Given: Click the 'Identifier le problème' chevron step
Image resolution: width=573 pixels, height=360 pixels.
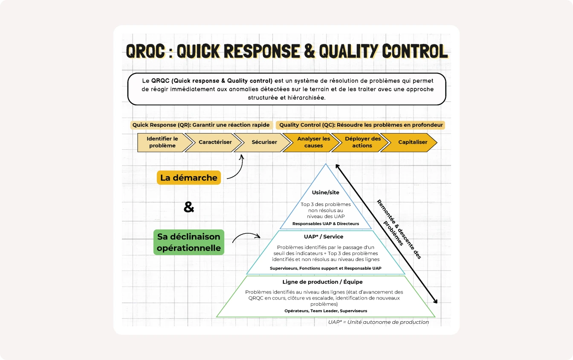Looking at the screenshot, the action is coord(162,142).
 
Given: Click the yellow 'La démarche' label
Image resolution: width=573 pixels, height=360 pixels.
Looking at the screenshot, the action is coord(189,177).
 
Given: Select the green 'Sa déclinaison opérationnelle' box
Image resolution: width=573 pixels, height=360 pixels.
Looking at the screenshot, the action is coord(189,242).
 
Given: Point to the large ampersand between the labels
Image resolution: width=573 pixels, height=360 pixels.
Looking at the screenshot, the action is coord(189,207).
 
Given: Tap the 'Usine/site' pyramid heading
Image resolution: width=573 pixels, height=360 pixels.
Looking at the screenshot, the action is coord(325,192).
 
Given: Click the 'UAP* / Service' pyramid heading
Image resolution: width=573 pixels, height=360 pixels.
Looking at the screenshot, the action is coord(324,237).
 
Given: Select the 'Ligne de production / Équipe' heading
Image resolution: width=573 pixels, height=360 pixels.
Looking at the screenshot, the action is coord(322,282).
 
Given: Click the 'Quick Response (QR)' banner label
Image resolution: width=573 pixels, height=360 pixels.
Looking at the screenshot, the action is coord(201,125).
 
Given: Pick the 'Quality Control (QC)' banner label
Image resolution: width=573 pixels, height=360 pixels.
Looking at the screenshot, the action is coord(361,125).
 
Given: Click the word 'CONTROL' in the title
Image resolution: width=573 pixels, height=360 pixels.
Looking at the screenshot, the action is coord(415,51).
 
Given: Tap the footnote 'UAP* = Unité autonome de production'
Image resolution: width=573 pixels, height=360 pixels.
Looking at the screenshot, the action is coord(378,322).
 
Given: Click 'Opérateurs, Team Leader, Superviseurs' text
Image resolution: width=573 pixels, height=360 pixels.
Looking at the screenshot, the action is coord(326,311).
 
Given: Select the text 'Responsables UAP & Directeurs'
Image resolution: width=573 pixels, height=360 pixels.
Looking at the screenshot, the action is coord(326,224).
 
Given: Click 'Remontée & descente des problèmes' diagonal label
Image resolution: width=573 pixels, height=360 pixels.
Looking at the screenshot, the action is coord(399,229).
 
